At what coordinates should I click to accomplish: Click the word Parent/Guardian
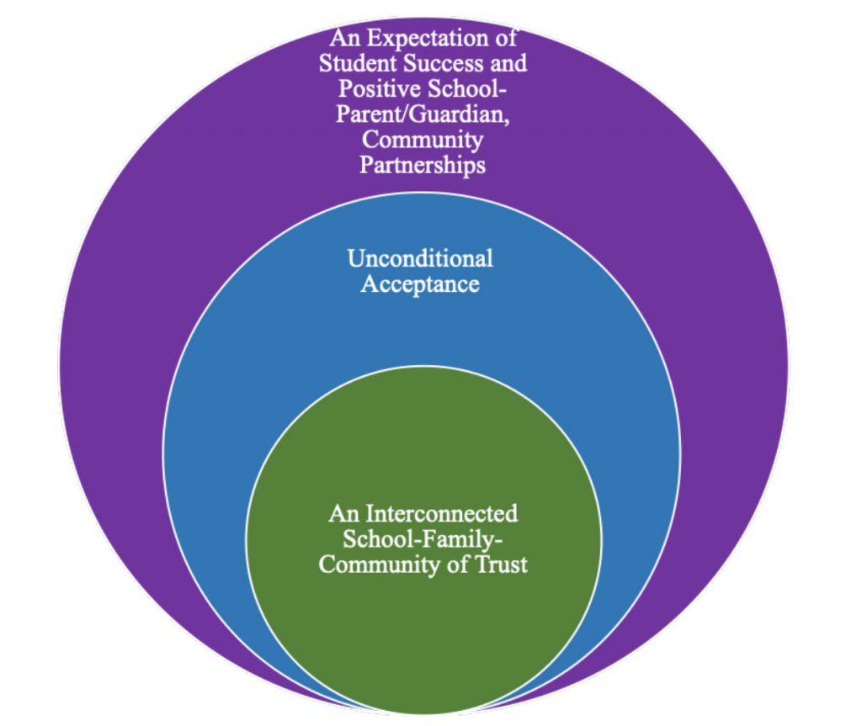[x=422, y=114]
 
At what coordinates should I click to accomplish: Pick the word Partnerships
[x=423, y=164]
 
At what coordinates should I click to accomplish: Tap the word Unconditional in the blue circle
[x=420, y=257]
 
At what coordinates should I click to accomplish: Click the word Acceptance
[x=420, y=284]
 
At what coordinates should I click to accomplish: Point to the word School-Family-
[x=423, y=538]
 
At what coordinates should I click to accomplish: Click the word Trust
[x=503, y=563]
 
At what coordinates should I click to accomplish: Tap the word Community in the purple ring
[x=423, y=139]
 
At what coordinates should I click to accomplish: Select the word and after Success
[x=508, y=63]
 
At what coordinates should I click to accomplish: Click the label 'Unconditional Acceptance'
[x=420, y=271]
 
